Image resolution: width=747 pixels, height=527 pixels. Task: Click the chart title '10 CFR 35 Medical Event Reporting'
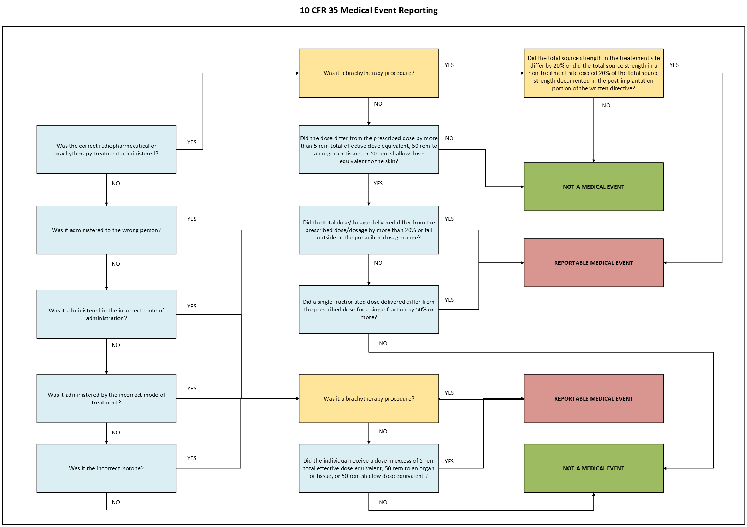[x=368, y=10]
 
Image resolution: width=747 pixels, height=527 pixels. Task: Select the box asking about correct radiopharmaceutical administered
[x=106, y=149]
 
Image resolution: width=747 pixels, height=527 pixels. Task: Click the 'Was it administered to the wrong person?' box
[x=106, y=230]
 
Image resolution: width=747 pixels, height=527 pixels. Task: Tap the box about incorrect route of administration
[x=106, y=314]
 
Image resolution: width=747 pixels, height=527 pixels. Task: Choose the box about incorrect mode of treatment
[x=106, y=398]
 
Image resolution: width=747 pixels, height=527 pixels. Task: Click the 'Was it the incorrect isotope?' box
[x=106, y=468]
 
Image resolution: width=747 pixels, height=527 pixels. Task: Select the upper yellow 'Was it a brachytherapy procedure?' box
[x=368, y=73]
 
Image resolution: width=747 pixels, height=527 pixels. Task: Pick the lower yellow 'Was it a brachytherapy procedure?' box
[x=368, y=398]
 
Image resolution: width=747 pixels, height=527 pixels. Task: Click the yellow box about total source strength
[x=593, y=73]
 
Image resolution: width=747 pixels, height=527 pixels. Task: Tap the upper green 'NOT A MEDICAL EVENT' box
[x=593, y=187]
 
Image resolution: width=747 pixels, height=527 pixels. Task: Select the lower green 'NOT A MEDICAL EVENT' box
[x=593, y=468]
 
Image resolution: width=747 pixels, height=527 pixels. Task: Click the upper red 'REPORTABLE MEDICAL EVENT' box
[x=593, y=263]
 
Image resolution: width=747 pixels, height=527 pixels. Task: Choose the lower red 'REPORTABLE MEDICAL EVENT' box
[x=593, y=398]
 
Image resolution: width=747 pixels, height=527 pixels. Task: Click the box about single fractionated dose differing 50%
[x=368, y=309]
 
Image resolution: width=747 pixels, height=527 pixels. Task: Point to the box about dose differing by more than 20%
[x=368, y=230]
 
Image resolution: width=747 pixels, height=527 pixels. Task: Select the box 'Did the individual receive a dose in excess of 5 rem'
[x=368, y=468]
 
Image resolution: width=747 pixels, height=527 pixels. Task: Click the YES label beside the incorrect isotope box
[x=191, y=458]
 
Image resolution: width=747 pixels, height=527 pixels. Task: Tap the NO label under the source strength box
[x=606, y=106]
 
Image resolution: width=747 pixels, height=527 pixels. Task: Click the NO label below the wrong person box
[x=115, y=264]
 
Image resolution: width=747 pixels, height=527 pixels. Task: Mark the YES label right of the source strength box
[x=674, y=65]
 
